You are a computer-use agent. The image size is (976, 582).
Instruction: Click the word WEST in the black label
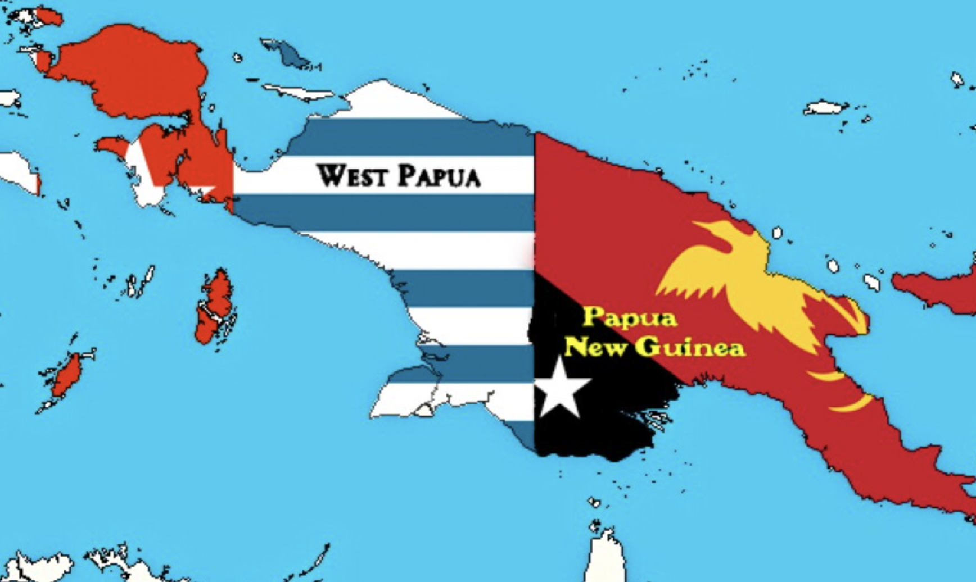point(352,175)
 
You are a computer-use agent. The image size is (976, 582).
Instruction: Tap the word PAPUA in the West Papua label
point(440,175)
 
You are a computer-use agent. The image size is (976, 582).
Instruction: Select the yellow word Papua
point(629,318)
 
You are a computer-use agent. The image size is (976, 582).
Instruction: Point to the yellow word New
point(595,347)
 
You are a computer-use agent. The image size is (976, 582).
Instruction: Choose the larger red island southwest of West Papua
point(215,306)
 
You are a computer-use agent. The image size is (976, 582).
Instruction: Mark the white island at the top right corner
point(957,79)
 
